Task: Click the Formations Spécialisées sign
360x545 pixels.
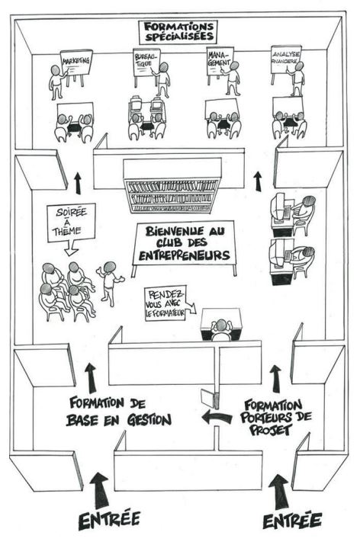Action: (x=178, y=32)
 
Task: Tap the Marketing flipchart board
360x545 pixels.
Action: (x=76, y=63)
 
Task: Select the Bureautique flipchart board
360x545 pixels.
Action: (x=146, y=63)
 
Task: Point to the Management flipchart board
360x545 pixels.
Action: (x=220, y=61)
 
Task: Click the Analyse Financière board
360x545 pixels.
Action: (x=286, y=59)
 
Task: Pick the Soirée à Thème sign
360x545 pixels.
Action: (x=71, y=223)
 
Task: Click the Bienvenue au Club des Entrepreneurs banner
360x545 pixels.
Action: (x=185, y=243)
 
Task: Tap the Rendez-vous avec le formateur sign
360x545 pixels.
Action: (x=166, y=303)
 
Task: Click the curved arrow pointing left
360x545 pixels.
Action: (x=217, y=416)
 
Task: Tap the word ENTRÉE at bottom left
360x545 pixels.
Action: (x=109, y=519)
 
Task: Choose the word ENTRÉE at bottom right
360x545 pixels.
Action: (x=292, y=521)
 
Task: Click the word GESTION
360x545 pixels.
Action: (x=149, y=420)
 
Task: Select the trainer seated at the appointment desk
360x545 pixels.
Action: (x=220, y=330)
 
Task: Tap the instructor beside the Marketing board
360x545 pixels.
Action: (x=56, y=82)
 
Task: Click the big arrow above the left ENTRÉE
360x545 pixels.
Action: (x=99, y=490)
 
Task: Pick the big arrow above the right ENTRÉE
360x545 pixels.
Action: (x=278, y=492)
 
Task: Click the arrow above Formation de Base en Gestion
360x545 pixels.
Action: (x=91, y=378)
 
